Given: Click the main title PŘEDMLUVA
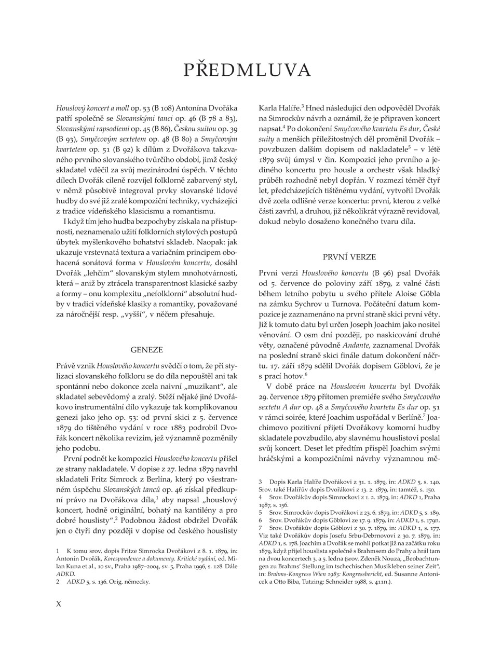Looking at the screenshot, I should point(247,70).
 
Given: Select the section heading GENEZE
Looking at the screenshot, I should point(146,350).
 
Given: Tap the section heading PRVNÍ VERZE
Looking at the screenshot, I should point(349,257).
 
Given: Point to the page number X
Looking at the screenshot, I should point(59,604).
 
